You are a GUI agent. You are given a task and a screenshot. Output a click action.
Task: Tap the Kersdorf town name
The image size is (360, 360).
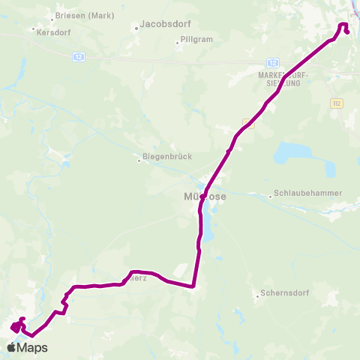tap(49, 31)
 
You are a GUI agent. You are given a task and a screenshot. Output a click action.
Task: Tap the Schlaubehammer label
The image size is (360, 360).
tap(308, 193)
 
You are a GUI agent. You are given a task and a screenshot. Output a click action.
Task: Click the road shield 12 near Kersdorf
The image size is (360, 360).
tap(79, 57)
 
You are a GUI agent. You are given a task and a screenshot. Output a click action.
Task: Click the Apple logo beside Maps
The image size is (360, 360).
tap(11, 348)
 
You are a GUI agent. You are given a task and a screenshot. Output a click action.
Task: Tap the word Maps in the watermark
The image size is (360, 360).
tap(32, 348)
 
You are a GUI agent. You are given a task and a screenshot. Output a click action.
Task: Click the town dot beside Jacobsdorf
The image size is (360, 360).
tap(136, 29)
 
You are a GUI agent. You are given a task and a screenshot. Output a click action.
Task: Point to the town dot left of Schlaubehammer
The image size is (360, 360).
tap(270, 196)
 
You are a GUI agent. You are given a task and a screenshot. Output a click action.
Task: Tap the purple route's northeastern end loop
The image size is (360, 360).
tap(344, 28)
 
